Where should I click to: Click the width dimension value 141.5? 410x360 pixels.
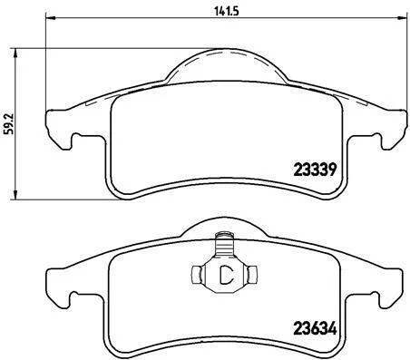(x=227, y=11)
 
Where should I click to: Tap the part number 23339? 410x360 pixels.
(x=315, y=170)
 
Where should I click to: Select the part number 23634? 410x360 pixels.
(x=315, y=328)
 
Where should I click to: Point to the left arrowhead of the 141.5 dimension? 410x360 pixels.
(x=51, y=18)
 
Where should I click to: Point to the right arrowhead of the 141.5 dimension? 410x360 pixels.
(x=402, y=18)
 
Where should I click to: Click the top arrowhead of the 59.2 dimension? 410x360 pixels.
(x=15, y=54)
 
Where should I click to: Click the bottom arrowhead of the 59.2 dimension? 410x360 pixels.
(x=15, y=194)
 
